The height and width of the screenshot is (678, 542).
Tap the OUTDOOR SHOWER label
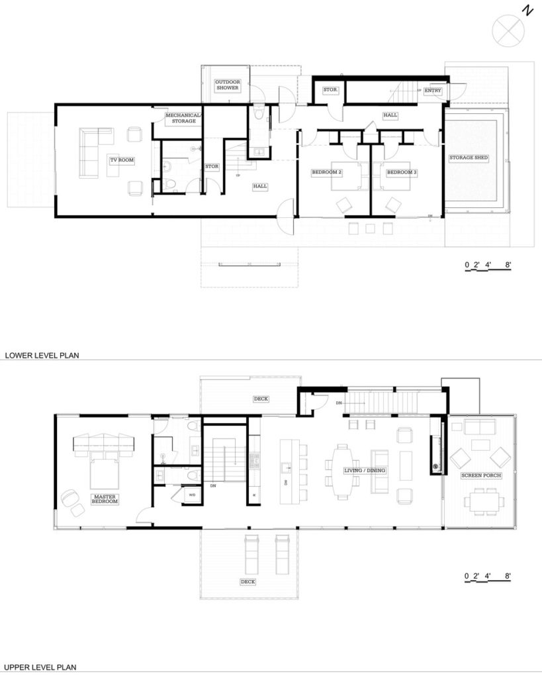[x=227, y=85]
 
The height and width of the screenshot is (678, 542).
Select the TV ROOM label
[x=122, y=159]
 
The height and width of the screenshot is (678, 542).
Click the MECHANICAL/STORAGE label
[x=180, y=118]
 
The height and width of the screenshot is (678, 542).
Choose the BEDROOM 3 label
[x=402, y=173]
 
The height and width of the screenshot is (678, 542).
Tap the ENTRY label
[x=433, y=91]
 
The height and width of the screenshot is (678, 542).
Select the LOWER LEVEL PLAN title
[x=42, y=355]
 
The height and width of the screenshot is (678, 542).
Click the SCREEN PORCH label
[x=481, y=475]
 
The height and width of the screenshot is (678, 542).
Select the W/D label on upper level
[x=193, y=494]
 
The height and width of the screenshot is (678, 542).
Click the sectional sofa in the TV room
[x=93, y=149]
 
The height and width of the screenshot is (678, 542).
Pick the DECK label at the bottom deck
[x=248, y=581]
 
